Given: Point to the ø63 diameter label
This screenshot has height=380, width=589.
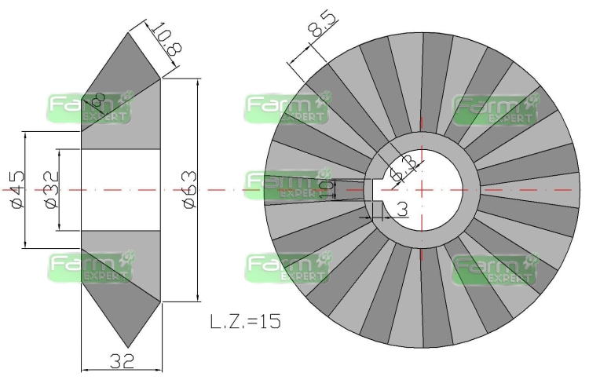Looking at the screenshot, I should click(189, 190).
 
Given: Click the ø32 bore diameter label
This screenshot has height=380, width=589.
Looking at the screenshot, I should click(52, 190).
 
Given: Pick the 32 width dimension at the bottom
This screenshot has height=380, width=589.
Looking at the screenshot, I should click(122, 362).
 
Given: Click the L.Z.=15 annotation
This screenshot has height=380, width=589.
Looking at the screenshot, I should click(245, 321).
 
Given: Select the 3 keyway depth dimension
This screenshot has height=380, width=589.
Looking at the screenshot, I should click(401, 209).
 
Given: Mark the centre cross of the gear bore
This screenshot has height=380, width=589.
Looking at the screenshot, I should click(422, 190).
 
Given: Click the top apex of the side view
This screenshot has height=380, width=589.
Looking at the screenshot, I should click(128, 33).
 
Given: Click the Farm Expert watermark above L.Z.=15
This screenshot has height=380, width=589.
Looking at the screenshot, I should click(284, 267).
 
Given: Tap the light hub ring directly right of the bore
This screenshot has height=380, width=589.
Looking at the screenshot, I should click(468, 190).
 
